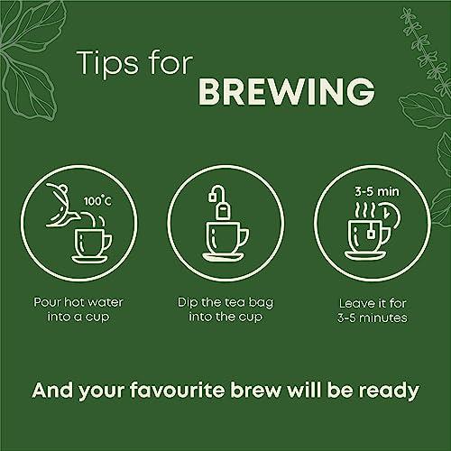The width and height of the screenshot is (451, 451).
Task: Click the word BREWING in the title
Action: point(287,91)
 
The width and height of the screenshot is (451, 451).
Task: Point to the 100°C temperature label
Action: point(97,201)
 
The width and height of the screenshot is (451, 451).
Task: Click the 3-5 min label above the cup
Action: point(377,191)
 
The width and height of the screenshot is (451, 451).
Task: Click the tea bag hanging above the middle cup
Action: point(223,210)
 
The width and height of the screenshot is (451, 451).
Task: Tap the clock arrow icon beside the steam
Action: point(390,214)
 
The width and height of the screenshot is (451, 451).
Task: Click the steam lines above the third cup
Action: point(364,209)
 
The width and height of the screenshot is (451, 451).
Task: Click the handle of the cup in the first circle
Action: point(107,243)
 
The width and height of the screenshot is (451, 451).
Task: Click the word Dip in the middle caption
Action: point(187,303)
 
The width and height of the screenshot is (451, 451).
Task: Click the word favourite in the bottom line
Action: point(178,391)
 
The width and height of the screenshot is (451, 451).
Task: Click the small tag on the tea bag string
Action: point(212,198)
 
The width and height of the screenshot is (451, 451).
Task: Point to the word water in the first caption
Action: point(106,303)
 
